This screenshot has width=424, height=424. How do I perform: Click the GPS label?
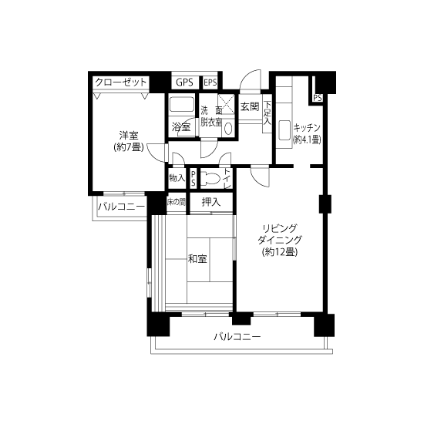point(184,82)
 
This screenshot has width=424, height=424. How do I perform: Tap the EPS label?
point(210,82)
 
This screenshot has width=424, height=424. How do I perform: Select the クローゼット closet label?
point(121,82)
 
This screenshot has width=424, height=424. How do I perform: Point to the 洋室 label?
point(129,136)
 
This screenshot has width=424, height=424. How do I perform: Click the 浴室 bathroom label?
point(181,127)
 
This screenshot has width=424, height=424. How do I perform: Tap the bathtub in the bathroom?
point(181,104)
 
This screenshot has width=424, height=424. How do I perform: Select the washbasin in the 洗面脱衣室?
point(228,129)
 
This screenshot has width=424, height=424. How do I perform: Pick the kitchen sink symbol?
point(284,130)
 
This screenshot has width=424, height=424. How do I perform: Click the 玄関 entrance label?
point(250,107)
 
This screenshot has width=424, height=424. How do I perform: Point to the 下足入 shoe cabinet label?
point(268,113)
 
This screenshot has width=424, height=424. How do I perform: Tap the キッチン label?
point(307,127)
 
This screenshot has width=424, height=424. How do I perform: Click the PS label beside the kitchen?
point(318,98)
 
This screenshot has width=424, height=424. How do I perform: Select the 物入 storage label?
point(177,178)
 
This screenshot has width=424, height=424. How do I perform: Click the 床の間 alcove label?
point(177,202)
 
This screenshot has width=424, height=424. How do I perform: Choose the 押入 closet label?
point(211,202)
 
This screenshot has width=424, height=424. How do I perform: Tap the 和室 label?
point(197,259)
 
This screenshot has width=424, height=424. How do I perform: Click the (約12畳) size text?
point(280,252)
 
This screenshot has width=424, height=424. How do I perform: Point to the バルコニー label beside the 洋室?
point(121,207)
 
